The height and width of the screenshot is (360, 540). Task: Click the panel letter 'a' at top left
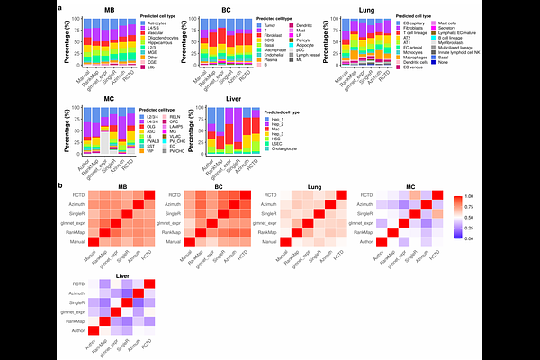(59, 8)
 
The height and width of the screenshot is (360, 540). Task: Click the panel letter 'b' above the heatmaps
(59, 185)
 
